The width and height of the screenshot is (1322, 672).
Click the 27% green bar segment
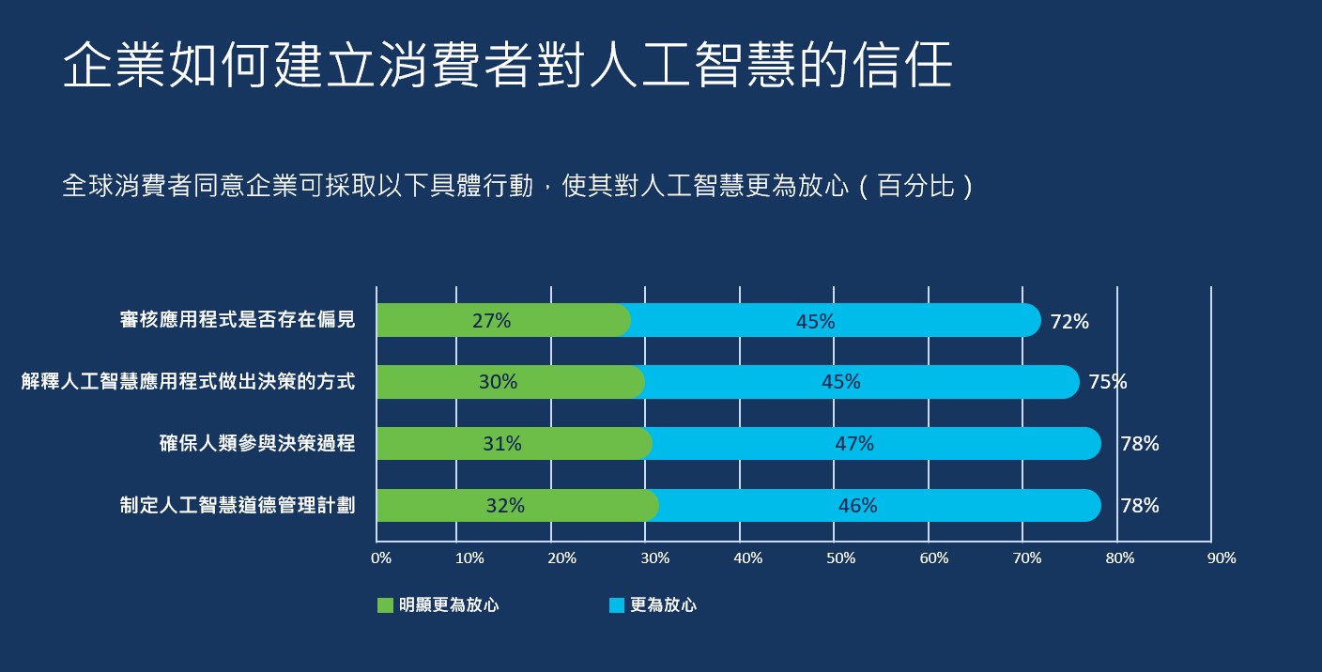tap(492, 321)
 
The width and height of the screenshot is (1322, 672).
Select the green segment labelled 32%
tap(505, 506)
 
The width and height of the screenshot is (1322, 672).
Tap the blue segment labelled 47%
tap(854, 444)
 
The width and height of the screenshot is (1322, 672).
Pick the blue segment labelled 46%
tap(858, 506)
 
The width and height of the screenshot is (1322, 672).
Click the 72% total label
tap(1069, 322)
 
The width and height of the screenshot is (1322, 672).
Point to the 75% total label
tap(1108, 382)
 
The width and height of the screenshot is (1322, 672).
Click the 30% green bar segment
tap(498, 382)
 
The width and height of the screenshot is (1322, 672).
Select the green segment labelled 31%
tap(502, 444)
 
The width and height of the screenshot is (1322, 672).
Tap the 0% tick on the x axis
tap(381, 558)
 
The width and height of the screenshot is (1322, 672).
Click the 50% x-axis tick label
tap(841, 558)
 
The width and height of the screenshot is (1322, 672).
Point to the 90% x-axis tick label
tap(1222, 558)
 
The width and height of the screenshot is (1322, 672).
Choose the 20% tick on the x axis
tap(561, 558)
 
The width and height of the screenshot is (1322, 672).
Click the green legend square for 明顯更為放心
tap(385, 605)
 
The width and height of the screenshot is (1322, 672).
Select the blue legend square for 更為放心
tap(616, 605)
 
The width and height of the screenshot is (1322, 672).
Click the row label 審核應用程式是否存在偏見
tap(238, 320)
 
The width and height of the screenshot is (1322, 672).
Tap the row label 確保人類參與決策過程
tap(257, 444)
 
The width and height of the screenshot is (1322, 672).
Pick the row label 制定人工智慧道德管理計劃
tap(238, 506)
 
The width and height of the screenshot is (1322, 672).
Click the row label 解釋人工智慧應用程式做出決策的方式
tap(188, 382)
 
